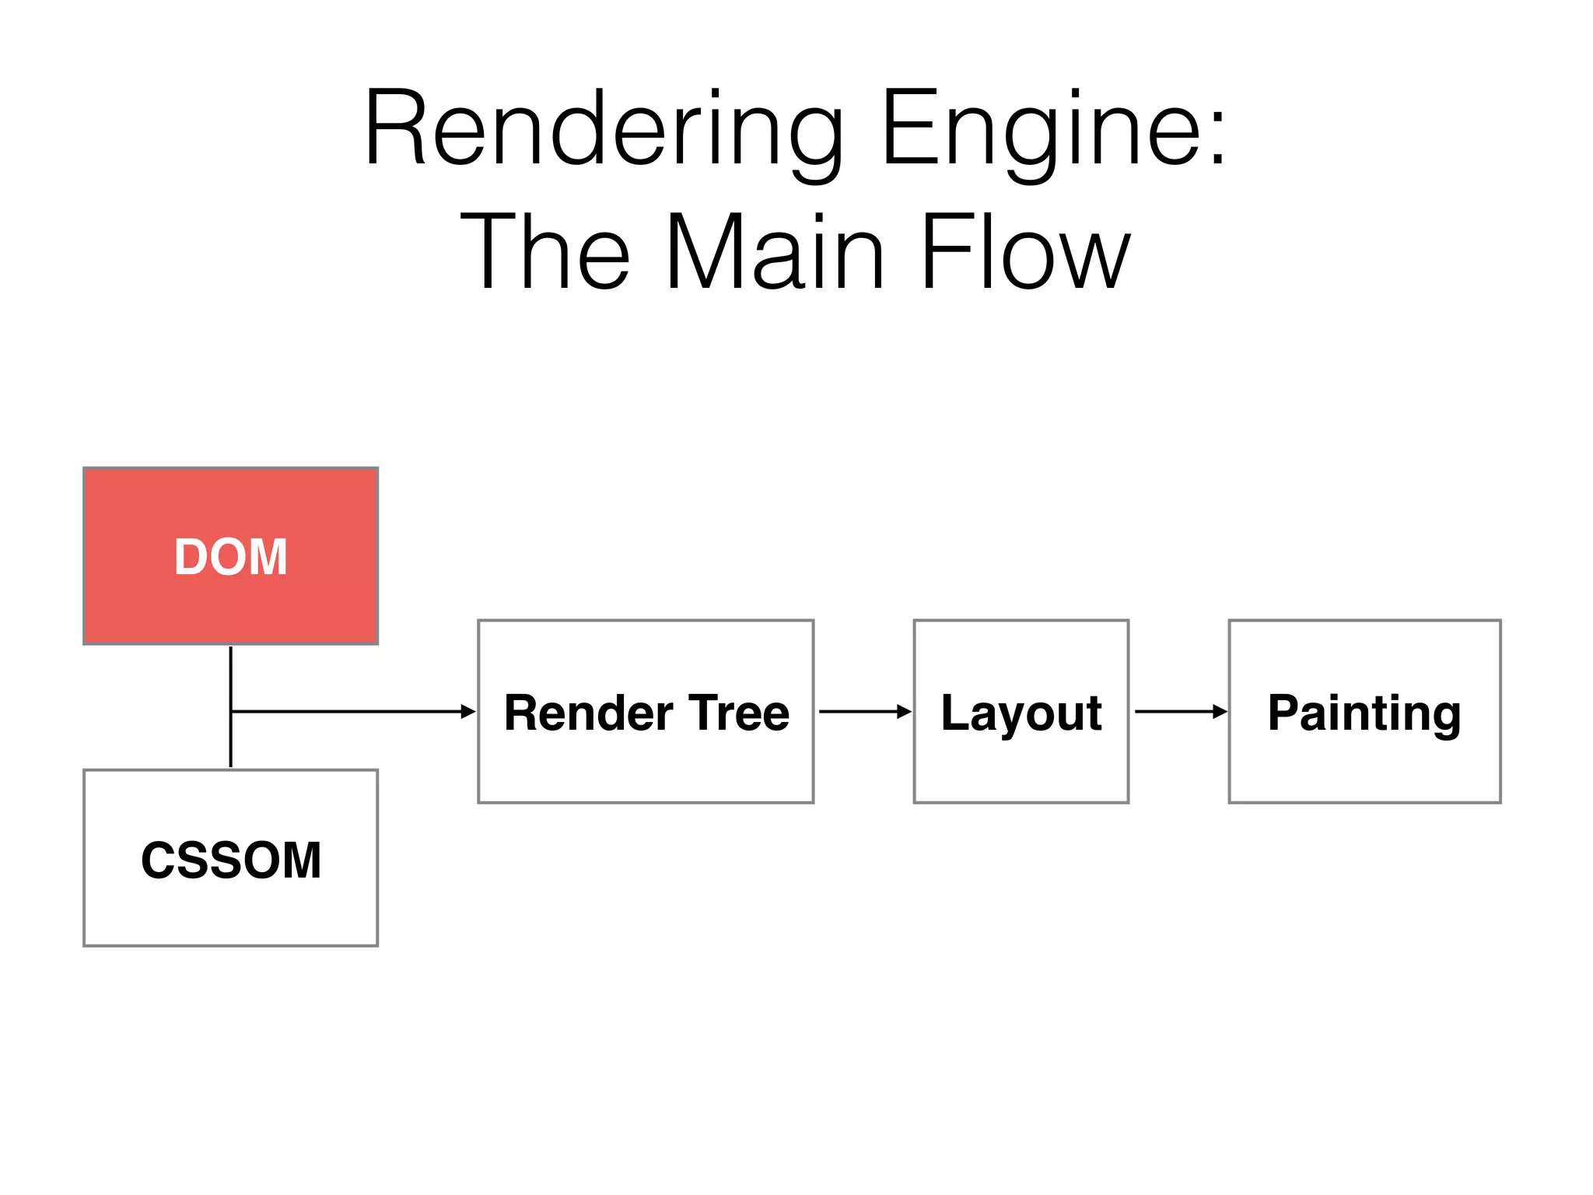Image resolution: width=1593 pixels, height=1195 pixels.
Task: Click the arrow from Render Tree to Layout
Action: click(x=863, y=711)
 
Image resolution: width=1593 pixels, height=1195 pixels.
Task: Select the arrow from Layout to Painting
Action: click(x=1179, y=711)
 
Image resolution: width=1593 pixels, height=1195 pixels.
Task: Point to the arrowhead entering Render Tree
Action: click(x=468, y=711)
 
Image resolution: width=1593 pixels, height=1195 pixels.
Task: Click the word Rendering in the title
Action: click(x=604, y=128)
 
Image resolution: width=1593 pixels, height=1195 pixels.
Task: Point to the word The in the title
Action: click(x=545, y=253)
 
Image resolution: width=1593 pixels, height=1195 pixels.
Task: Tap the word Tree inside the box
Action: click(x=739, y=713)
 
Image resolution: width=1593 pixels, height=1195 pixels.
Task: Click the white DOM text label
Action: click(x=230, y=557)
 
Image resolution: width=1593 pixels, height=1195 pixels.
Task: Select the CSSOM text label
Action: click(x=230, y=860)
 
